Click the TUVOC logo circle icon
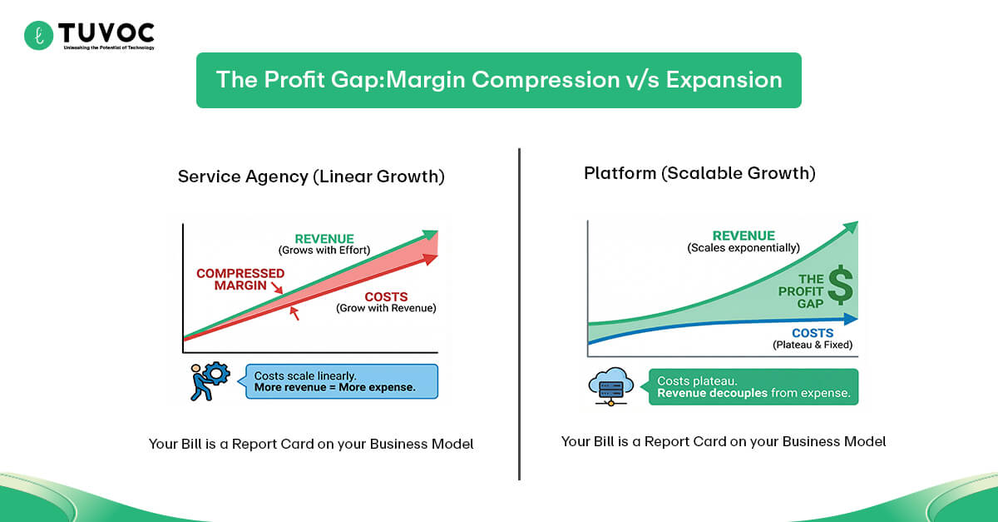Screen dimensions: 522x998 tap(38, 35)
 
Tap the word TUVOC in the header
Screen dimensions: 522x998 tap(106, 32)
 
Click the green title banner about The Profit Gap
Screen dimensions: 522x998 tap(498, 80)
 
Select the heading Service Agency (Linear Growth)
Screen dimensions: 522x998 tap(311, 176)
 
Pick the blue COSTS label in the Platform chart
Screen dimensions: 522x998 tap(813, 333)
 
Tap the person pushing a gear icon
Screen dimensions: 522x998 tap(207, 381)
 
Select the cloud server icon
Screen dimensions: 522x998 tap(611, 387)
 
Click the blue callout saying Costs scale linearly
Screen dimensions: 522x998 tap(340, 381)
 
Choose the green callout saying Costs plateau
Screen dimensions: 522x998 tap(753, 387)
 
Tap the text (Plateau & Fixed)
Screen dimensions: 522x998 tap(813, 345)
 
